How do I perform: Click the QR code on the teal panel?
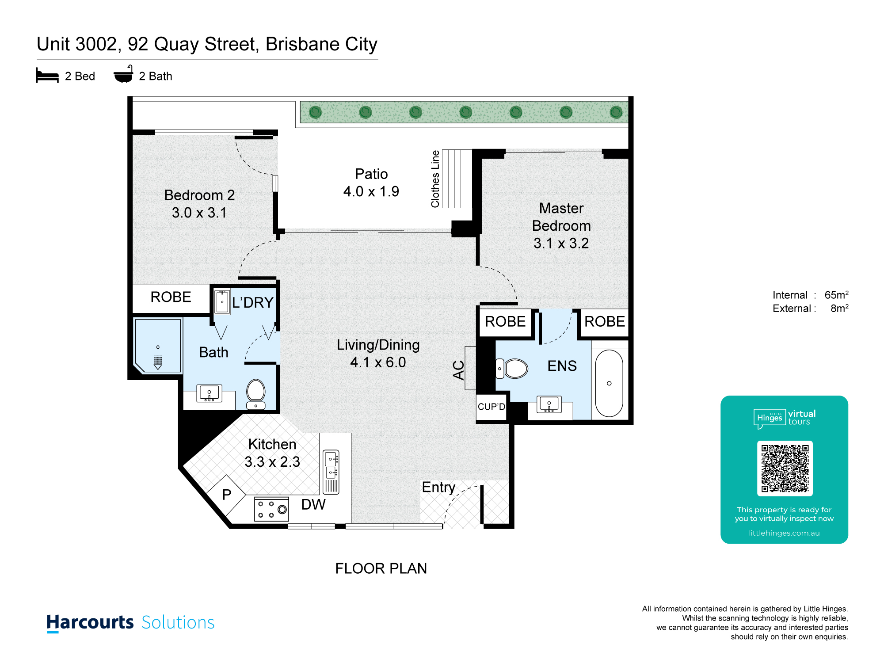tap(785, 468)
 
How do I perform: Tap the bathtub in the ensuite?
tap(609, 383)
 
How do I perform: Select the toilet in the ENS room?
tap(512, 368)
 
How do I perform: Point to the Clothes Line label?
tap(435, 179)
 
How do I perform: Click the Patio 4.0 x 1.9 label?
tap(371, 183)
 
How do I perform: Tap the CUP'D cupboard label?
tap(492, 407)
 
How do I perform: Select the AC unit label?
tap(459, 370)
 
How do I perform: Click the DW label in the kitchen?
tap(313, 504)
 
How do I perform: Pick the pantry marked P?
tap(226, 494)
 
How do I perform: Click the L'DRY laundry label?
tap(253, 302)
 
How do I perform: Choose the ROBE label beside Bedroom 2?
tap(171, 297)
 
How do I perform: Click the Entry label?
tap(438, 487)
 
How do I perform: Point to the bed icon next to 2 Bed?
tap(47, 76)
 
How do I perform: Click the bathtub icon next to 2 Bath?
tap(123, 74)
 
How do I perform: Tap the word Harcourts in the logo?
tap(90, 622)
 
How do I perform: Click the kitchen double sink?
tap(331, 465)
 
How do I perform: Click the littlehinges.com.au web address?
tap(784, 533)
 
